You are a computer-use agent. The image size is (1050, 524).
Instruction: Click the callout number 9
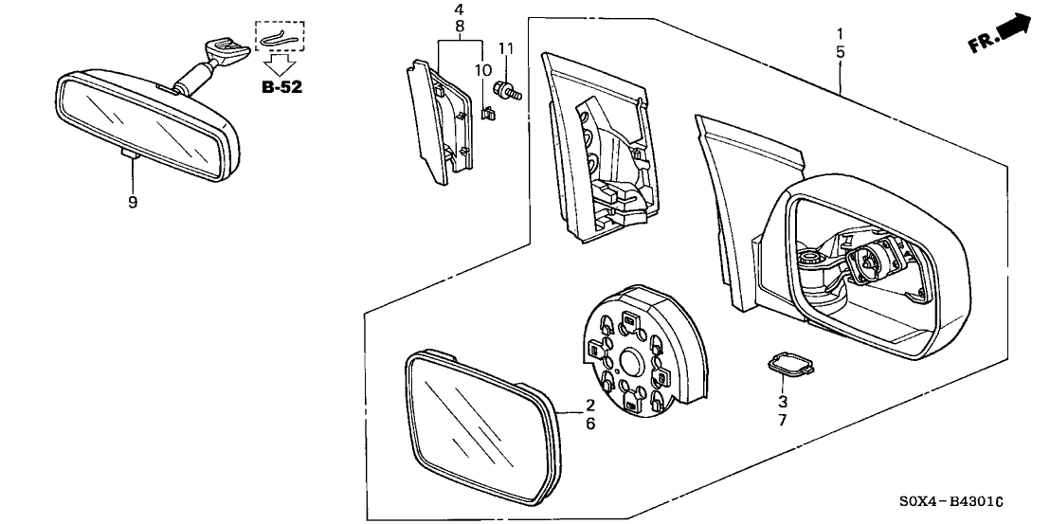coord(133,202)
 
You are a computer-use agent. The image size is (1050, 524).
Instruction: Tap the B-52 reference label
coord(281,88)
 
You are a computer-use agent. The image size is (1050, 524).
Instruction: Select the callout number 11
coord(505,48)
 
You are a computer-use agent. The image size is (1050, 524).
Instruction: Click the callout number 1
coord(839,34)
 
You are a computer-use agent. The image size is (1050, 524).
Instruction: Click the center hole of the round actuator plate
coord(633,361)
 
